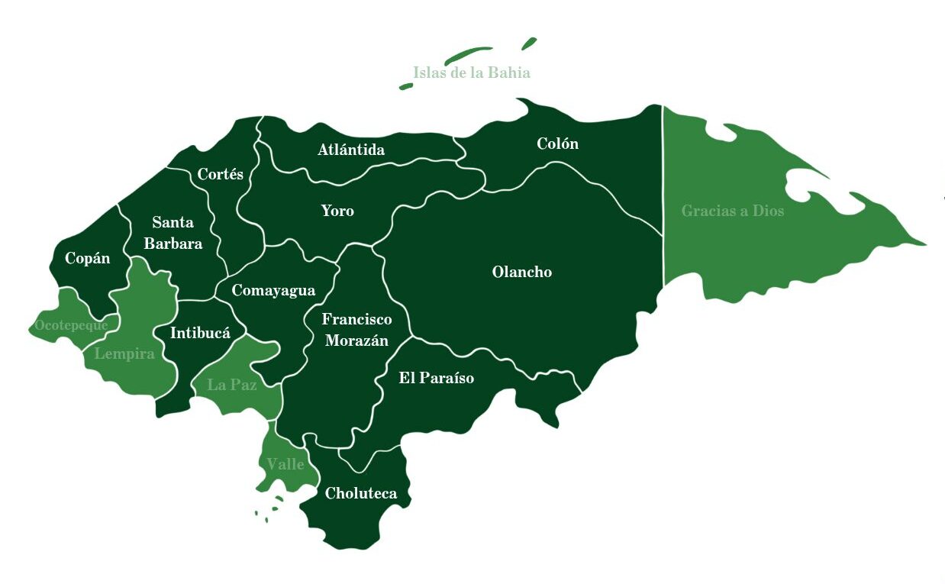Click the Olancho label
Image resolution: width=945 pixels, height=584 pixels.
pyautogui.click(x=522, y=273)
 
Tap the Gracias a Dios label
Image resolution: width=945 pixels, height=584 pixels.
pyautogui.click(x=732, y=211)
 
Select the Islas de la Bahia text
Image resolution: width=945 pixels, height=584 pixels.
pyautogui.click(x=471, y=73)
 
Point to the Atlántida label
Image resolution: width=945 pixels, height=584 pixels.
pyautogui.click(x=351, y=150)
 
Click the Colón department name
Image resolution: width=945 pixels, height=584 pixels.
pyautogui.click(x=557, y=144)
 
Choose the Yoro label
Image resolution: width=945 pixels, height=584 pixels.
pyautogui.click(x=337, y=211)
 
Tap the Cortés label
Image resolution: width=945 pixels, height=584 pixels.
pyautogui.click(x=220, y=174)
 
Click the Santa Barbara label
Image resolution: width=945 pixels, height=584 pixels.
pyautogui.click(x=173, y=233)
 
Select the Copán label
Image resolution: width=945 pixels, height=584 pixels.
pyautogui.click(x=87, y=258)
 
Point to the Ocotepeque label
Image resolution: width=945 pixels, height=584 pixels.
pyautogui.click(x=70, y=325)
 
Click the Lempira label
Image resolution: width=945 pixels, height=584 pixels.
pyautogui.click(x=124, y=354)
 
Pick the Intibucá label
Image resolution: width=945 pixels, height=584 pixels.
pyautogui.click(x=200, y=333)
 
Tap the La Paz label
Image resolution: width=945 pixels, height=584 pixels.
pyautogui.click(x=231, y=385)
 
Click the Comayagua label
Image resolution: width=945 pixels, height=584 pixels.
pyautogui.click(x=273, y=291)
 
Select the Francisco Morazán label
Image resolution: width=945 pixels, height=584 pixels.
pyautogui.click(x=356, y=330)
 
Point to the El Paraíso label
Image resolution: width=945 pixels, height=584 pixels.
pyautogui.click(x=436, y=378)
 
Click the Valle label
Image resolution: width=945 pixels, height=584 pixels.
pyautogui.click(x=285, y=464)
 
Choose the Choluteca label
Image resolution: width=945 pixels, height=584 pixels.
pyautogui.click(x=361, y=494)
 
